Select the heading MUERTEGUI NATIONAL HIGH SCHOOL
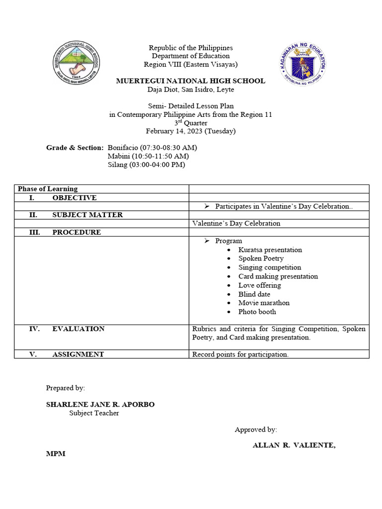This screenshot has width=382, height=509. click(191, 81)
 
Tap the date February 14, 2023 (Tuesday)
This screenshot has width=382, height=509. click(191, 131)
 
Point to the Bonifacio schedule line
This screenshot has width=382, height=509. click(152, 148)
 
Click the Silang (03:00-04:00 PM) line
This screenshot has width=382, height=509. click(146, 165)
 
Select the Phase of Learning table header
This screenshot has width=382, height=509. click(48, 189)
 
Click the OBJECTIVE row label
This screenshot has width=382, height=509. click(74, 198)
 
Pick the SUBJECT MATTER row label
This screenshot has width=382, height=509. click(87, 215)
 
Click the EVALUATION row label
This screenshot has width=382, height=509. click(78, 329)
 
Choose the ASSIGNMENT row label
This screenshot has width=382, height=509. click(78, 354)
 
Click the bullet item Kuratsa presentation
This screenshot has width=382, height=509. click(270, 250)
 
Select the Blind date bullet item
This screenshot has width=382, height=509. click(254, 294)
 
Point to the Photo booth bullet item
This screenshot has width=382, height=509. click(257, 312)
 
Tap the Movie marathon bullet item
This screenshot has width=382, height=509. click(264, 303)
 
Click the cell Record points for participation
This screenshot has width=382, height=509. click(240, 354)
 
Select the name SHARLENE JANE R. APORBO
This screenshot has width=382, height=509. click(100, 405)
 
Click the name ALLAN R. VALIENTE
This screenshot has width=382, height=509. click(294, 445)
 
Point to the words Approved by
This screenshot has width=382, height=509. click(256, 430)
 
